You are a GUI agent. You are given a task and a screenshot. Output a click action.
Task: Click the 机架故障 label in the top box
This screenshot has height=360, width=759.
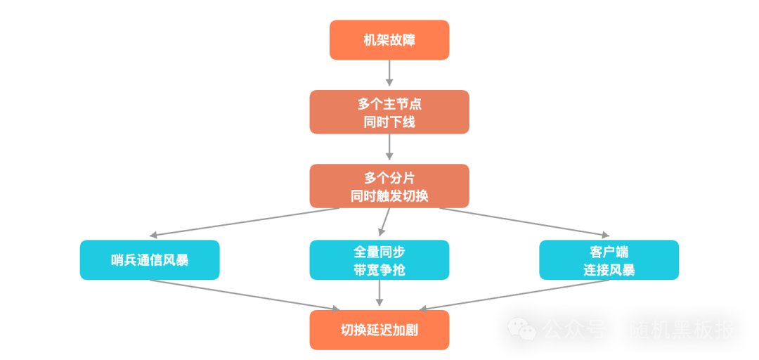tap(389, 40)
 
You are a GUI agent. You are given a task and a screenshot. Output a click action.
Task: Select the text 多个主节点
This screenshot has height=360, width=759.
tap(389, 104)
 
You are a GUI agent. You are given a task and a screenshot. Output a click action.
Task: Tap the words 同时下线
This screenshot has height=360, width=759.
tap(389, 122)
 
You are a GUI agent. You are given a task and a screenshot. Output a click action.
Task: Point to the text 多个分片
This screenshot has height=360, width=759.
tap(389, 178)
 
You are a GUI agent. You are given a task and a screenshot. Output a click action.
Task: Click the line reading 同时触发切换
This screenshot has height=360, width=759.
tap(389, 196)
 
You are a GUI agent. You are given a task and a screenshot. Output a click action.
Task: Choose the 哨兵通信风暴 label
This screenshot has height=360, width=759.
tap(150, 260)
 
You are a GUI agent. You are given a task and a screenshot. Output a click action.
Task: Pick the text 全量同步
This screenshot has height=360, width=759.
tap(379, 252)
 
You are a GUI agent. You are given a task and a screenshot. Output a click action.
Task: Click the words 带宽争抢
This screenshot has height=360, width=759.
tap(379, 270)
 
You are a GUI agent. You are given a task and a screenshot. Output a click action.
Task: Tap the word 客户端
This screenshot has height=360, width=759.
tap(609, 252)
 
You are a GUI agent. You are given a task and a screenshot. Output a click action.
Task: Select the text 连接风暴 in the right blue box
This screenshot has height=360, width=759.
tap(609, 270)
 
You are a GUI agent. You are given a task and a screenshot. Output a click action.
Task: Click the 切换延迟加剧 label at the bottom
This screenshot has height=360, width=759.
tap(379, 330)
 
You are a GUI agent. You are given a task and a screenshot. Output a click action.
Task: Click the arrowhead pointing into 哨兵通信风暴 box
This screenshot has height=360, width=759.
tap(156, 235)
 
